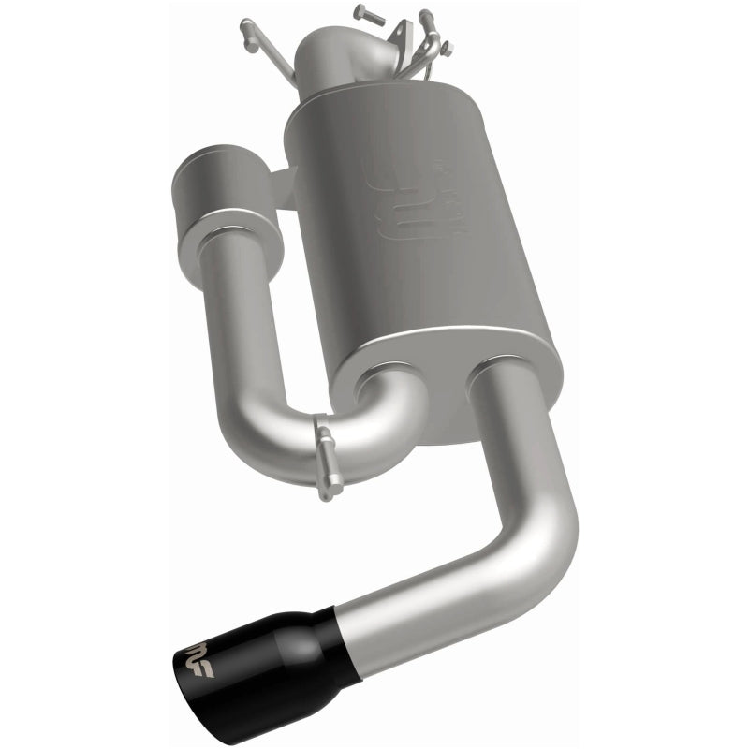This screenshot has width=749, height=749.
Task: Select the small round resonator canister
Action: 228,198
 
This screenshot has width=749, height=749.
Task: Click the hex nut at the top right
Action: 448,46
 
